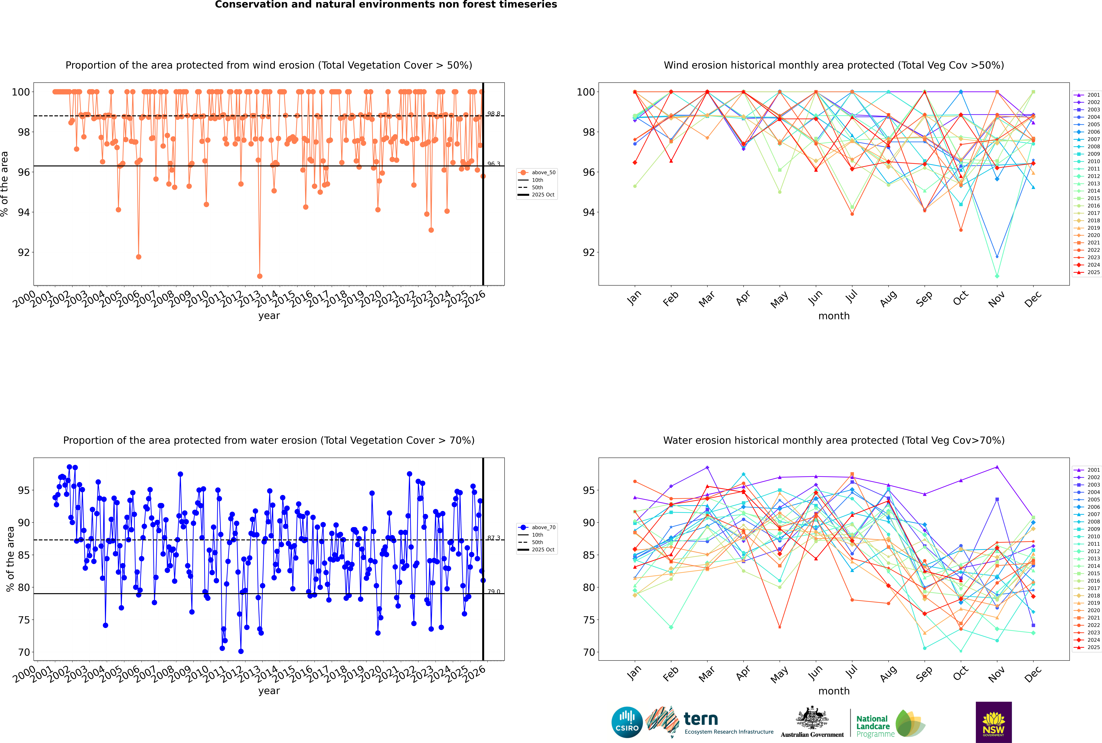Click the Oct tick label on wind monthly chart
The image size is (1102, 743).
(x=960, y=298)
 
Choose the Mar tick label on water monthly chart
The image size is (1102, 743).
(x=706, y=674)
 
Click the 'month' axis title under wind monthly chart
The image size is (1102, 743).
(x=834, y=316)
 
